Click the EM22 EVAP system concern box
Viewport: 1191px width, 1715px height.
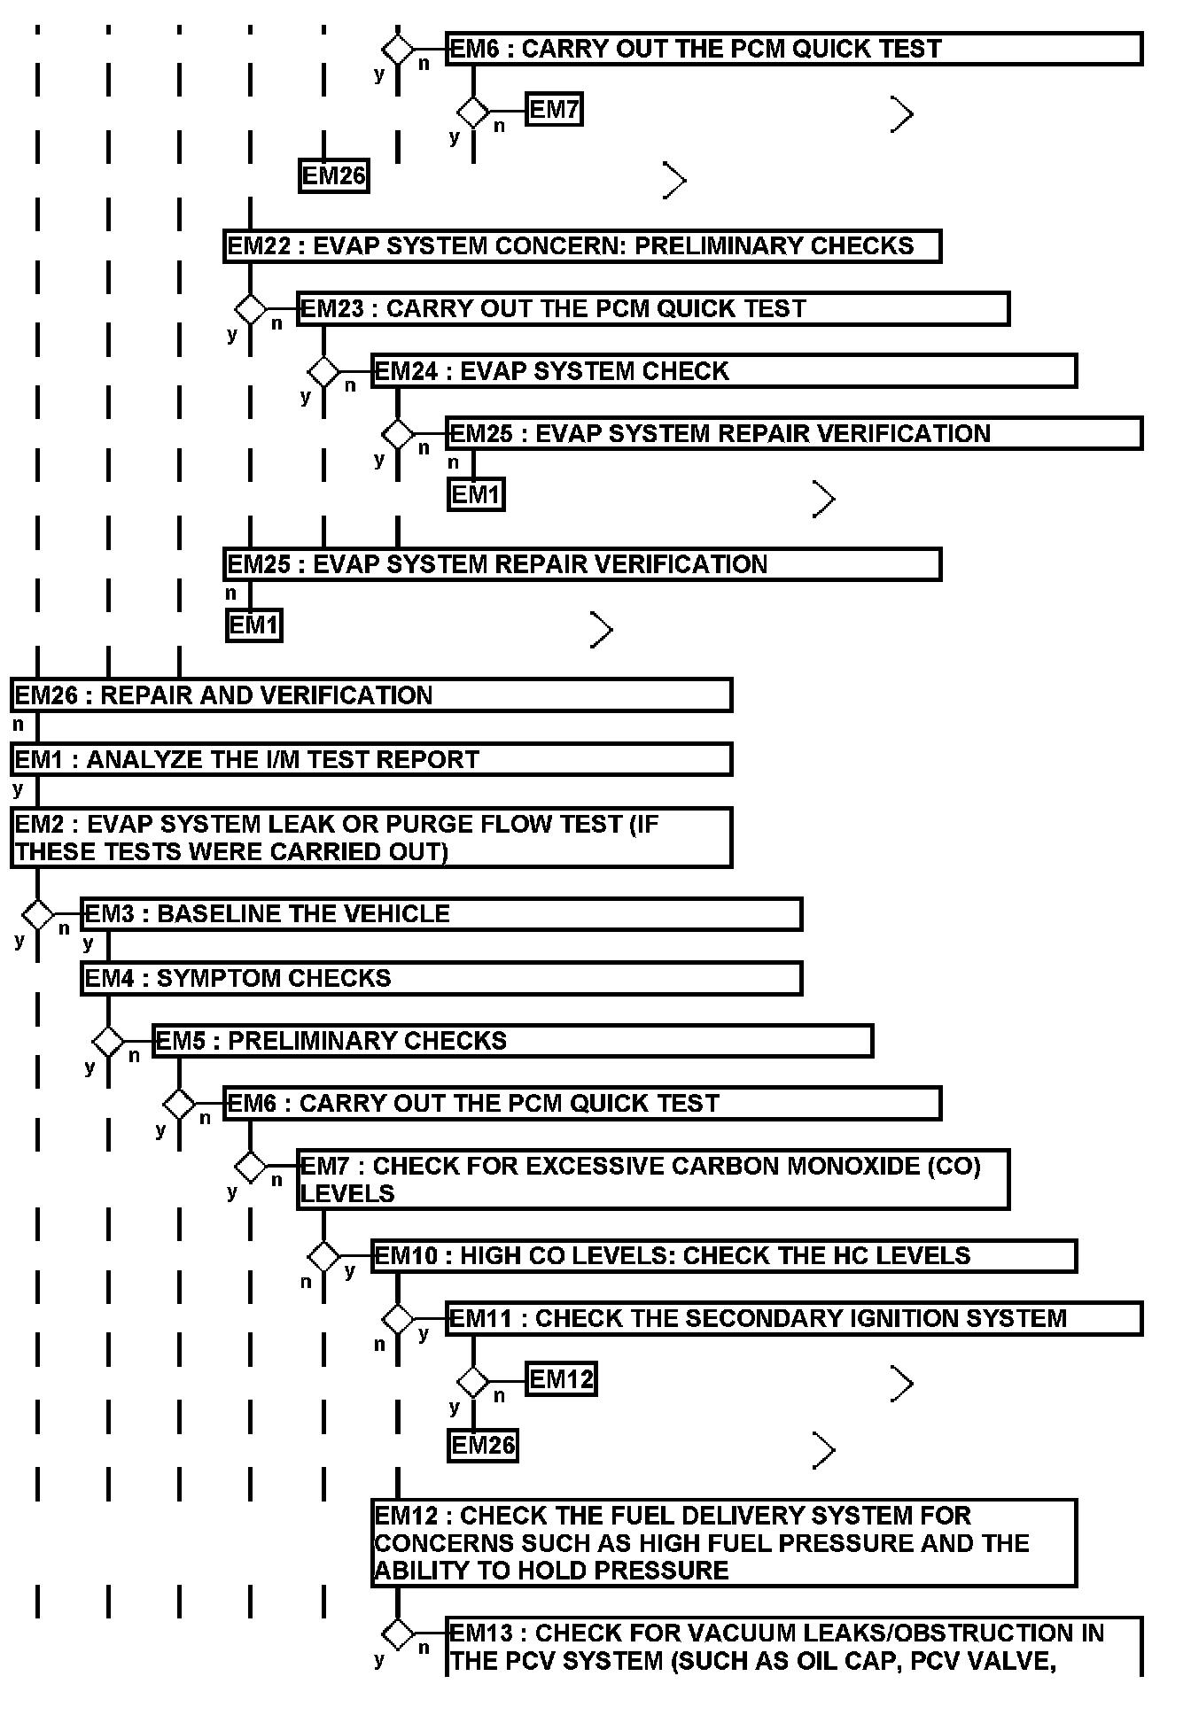[581, 245]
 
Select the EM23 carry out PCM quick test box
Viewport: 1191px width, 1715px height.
[652, 308]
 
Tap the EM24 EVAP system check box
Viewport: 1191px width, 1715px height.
[723, 370]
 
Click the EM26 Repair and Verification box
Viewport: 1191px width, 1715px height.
[371, 695]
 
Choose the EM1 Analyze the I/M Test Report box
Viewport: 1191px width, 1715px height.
[371, 759]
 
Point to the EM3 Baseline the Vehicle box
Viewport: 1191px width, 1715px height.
[441, 913]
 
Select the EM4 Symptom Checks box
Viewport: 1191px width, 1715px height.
[441, 978]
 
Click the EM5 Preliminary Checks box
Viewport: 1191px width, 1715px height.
[512, 1040]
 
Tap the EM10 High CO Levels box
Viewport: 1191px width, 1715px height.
[723, 1255]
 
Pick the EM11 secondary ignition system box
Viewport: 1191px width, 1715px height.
[794, 1318]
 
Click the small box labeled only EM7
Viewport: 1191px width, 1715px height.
[554, 110]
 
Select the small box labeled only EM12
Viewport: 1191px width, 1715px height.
[561, 1379]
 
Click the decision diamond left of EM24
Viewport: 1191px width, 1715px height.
[323, 372]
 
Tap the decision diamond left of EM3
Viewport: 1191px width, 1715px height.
[37, 914]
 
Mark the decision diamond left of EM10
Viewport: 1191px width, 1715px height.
[323, 1256]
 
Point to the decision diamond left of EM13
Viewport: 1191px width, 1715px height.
[398, 1634]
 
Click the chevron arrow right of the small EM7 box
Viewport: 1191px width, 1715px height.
[902, 114]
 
